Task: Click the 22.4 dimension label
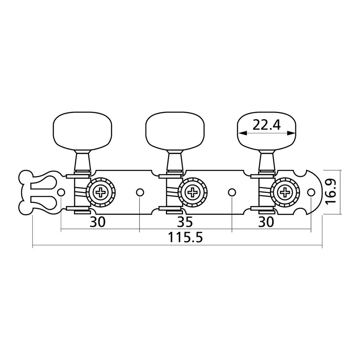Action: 266,125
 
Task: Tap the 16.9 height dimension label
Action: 330,192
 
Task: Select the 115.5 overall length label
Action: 185,238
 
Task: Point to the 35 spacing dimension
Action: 185,221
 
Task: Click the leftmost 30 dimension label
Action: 97,221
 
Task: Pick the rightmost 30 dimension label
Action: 266,221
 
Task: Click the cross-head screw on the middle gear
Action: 193,192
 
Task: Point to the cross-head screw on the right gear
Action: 285,192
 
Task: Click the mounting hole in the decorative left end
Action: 61,192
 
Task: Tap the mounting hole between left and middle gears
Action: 140,192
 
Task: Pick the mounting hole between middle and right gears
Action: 232,192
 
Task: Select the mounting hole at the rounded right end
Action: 311,192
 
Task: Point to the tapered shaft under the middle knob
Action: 175,162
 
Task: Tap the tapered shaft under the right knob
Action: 267,162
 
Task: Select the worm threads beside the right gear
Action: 266,192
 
